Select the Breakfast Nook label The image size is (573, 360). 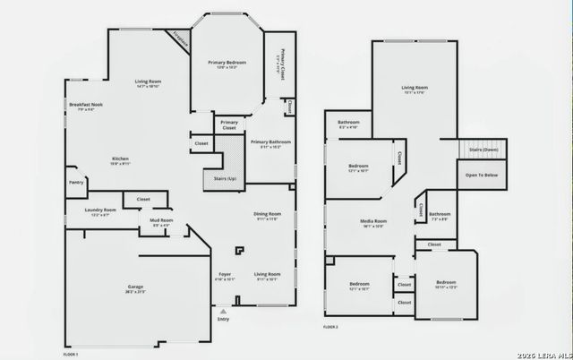coord(86,105)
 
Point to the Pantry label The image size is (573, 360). coord(76,183)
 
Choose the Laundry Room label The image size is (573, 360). coord(100,210)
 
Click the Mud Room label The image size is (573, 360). coord(161,220)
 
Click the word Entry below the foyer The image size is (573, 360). coord(223,319)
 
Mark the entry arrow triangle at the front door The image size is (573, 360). coord(223,310)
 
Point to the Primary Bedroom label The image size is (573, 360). coord(228,63)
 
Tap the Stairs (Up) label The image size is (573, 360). coord(226,178)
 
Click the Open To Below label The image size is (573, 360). coord(481,175)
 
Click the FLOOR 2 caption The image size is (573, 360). coord(331,327)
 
